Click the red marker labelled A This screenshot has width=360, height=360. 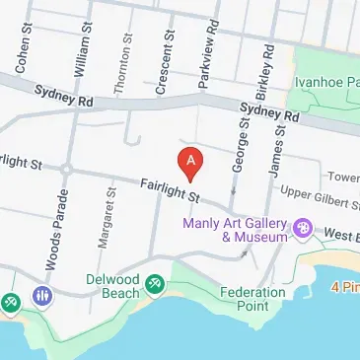tap(190, 161)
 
